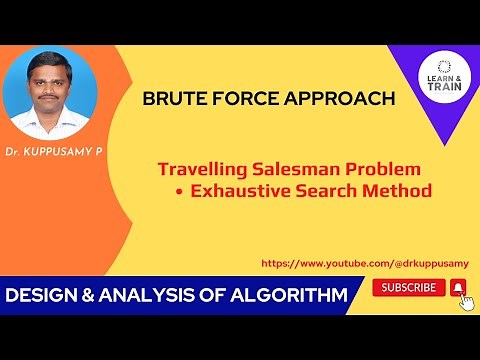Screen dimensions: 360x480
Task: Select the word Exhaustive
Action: (x=243, y=190)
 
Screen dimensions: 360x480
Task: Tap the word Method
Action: (x=397, y=190)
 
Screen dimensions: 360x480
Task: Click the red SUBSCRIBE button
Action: (x=409, y=288)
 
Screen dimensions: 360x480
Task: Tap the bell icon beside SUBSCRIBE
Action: (x=458, y=288)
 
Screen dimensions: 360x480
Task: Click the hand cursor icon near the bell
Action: (x=466, y=302)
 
